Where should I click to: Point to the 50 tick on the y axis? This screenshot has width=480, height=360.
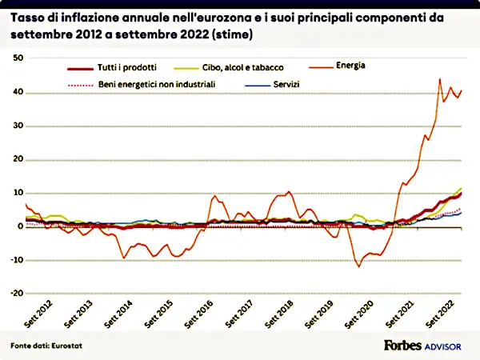[18, 58]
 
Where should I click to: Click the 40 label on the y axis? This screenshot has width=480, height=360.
[18, 92]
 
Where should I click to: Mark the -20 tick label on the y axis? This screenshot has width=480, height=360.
[17, 293]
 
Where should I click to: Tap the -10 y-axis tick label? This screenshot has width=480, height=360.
[17, 260]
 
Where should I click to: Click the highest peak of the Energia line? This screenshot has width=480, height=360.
[439, 79]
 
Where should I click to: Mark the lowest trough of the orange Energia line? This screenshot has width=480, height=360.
[359, 266]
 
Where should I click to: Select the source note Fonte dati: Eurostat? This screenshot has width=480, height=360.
[44, 345]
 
